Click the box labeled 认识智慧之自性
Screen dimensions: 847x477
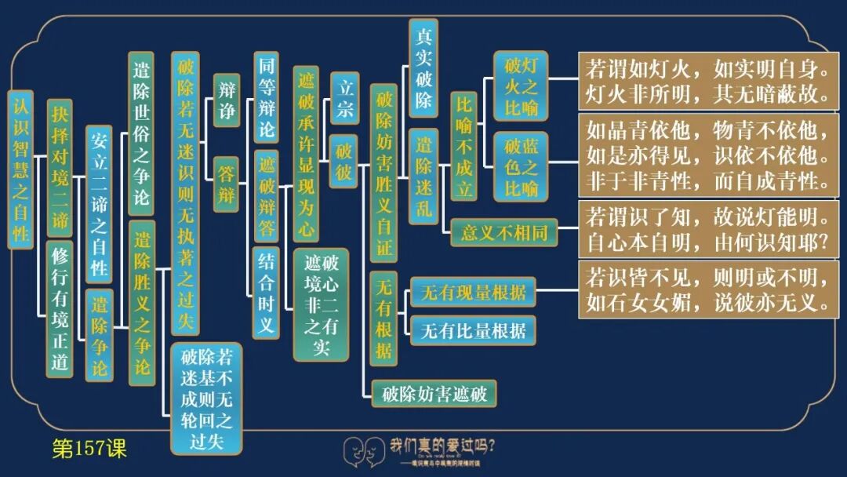tap(20, 169)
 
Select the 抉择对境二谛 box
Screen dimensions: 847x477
tap(60, 167)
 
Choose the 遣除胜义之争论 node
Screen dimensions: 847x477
tap(142, 302)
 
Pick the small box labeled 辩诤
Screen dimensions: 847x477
tap(226, 100)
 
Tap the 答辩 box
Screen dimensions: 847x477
tap(226, 184)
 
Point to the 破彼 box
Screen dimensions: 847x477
tap(344, 160)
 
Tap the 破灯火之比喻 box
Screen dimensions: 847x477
tap(521, 86)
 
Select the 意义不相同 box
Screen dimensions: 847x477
tap(503, 232)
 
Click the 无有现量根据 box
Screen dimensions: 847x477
tap(473, 294)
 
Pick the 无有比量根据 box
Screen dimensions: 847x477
tap(473, 330)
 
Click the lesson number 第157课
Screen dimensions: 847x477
tap(89, 449)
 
